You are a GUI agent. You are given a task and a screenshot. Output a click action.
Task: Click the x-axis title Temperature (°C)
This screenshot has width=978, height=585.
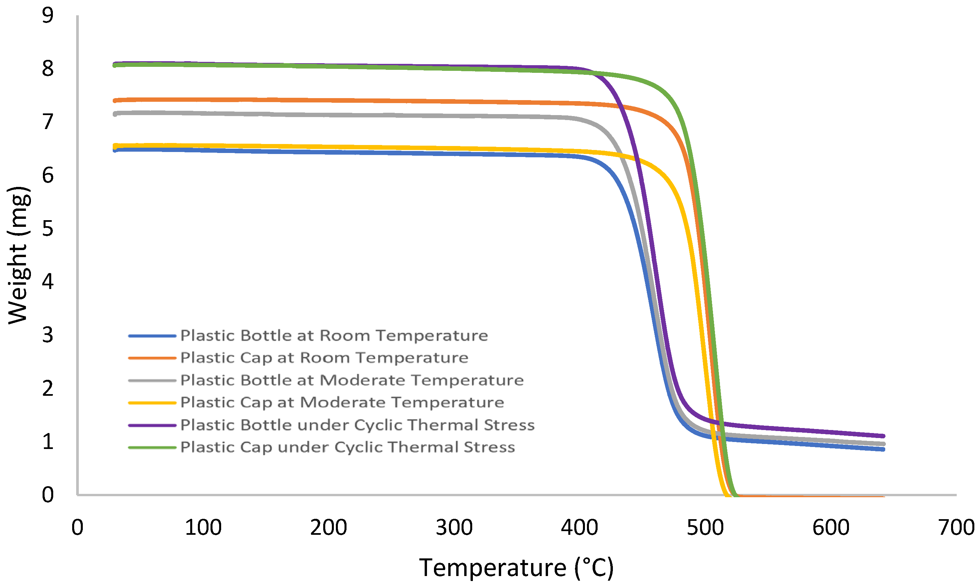(516, 568)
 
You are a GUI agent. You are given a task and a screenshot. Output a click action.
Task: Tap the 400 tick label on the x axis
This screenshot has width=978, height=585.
(580, 527)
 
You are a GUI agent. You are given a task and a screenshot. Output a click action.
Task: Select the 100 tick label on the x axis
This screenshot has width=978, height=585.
(203, 527)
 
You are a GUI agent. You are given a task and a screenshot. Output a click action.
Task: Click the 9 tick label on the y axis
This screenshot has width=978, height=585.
(48, 16)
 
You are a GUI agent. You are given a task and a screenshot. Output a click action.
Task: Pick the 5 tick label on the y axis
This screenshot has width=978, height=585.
(48, 228)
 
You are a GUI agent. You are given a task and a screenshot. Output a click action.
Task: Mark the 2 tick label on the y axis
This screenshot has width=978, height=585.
(48, 389)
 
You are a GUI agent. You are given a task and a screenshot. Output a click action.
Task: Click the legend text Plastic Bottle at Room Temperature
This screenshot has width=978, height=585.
(334, 336)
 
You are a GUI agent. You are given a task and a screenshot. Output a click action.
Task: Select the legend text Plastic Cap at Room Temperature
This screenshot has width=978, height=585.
(324, 358)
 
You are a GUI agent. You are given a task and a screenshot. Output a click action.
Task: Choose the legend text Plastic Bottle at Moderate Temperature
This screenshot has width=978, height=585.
(352, 380)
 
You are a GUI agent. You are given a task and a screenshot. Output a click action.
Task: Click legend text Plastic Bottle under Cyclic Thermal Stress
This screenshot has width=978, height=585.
(357, 425)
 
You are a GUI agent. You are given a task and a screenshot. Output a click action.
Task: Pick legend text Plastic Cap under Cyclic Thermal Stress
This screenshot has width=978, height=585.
(348, 447)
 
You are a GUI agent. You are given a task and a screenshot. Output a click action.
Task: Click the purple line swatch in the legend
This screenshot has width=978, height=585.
(152, 425)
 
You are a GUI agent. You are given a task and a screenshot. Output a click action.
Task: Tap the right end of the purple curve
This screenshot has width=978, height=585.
(884, 436)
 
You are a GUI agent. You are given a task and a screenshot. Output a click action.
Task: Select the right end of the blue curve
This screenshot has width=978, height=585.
(884, 449)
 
